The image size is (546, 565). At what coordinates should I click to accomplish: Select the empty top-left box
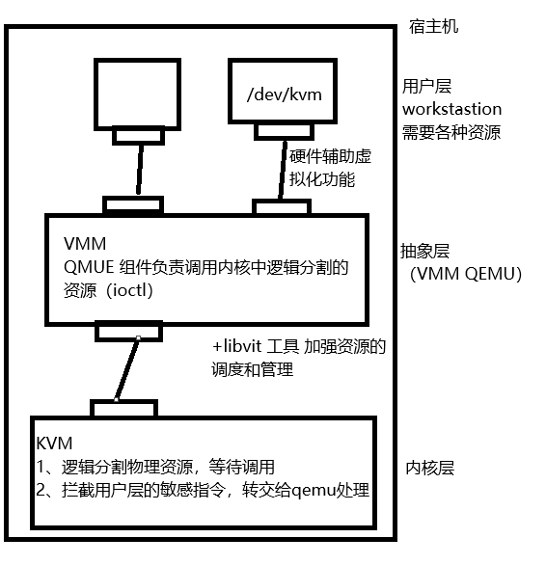click(x=142, y=94)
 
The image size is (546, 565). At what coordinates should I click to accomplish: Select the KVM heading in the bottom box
click(x=54, y=444)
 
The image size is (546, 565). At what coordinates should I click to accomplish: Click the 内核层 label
click(x=429, y=469)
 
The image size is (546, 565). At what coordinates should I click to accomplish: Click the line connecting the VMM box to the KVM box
click(x=127, y=368)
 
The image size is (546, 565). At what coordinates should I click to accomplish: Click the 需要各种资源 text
click(x=451, y=132)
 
